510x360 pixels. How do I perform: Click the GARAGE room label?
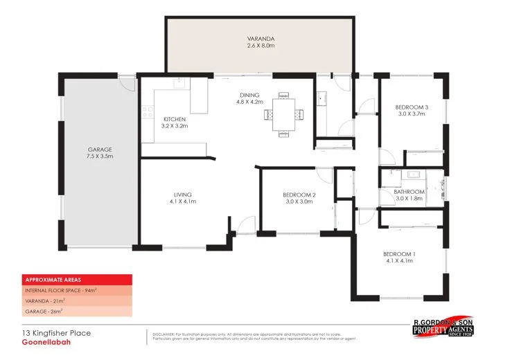100,150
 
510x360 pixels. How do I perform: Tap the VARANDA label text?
262,38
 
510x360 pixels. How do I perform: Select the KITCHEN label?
174,119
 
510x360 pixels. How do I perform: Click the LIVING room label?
183,195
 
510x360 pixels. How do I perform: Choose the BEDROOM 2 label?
299,195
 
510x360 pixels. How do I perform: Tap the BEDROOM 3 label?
412,107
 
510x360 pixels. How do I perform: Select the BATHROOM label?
409,192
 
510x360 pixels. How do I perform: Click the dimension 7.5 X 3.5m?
100,157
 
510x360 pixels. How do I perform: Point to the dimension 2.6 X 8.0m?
262,46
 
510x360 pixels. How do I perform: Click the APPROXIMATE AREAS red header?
48,280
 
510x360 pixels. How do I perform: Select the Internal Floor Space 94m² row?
61,291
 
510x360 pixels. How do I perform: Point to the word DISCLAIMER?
166,334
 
